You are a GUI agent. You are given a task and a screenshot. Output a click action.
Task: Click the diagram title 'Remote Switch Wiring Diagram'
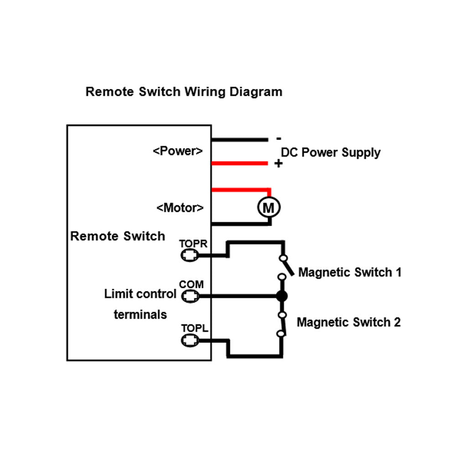click(x=184, y=92)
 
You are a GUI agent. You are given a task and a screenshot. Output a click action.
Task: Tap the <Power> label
click(x=178, y=151)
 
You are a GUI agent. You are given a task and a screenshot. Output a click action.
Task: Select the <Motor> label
click(x=180, y=208)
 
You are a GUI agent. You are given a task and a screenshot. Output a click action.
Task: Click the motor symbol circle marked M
click(x=269, y=208)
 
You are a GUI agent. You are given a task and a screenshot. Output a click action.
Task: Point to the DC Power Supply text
click(x=331, y=152)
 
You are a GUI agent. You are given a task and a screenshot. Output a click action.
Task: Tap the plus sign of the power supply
click(x=278, y=164)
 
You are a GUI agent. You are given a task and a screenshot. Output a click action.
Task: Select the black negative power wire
click(x=239, y=140)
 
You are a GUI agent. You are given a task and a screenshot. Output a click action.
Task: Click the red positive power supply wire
click(x=239, y=163)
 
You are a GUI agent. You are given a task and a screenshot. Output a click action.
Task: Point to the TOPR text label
click(x=193, y=244)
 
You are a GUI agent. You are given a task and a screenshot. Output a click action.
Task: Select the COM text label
click(x=191, y=285)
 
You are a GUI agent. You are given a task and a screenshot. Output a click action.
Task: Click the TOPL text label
click(x=195, y=328)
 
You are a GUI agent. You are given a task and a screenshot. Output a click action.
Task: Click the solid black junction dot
click(x=282, y=296)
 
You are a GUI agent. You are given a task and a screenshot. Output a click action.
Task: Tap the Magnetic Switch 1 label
click(x=350, y=273)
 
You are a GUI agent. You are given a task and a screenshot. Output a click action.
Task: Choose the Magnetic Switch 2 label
click(x=349, y=322)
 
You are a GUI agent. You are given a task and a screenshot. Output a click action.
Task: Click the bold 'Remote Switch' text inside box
click(x=118, y=236)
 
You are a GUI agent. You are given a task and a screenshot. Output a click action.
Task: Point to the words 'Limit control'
click(x=140, y=294)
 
